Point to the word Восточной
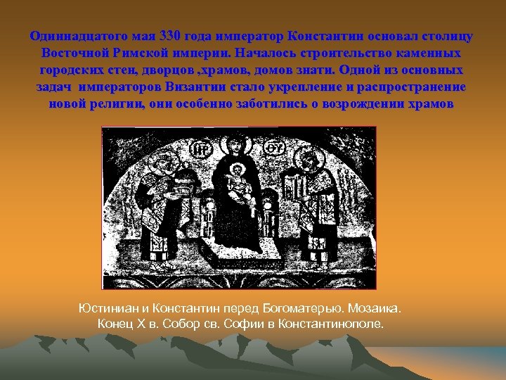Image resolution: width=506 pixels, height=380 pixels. tap(75, 53)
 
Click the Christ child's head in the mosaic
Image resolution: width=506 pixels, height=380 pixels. tap(238, 170)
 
